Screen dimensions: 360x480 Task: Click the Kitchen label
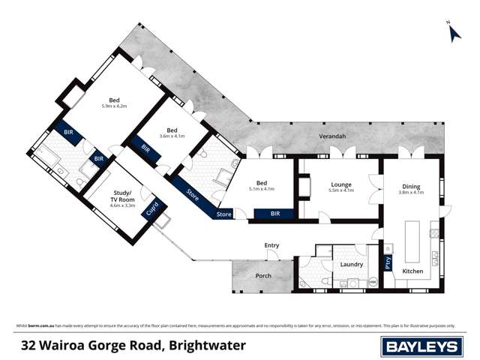(x=412, y=270)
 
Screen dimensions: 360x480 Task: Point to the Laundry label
(x=351, y=264)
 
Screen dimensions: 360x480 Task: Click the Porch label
(x=263, y=275)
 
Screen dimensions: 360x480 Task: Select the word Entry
(x=271, y=245)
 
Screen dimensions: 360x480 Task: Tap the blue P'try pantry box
(x=388, y=263)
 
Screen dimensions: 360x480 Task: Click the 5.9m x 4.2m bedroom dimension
(x=114, y=106)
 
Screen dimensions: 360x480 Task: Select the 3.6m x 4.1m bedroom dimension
(x=172, y=136)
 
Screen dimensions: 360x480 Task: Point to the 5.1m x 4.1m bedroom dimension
(x=262, y=190)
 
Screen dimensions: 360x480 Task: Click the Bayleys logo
(x=422, y=346)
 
